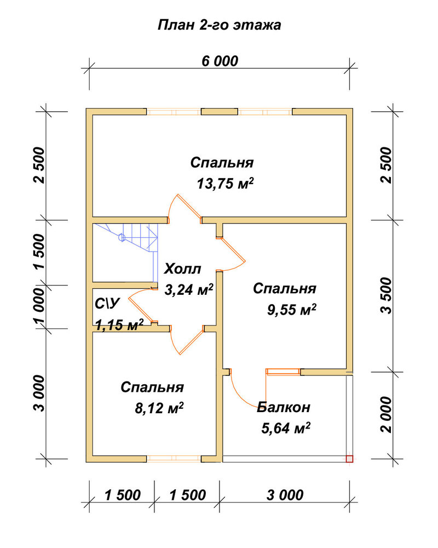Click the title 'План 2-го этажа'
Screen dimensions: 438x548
[220, 25]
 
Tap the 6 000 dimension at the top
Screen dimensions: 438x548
[220, 61]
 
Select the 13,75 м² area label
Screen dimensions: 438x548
[225, 183]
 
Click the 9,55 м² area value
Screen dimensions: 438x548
[292, 309]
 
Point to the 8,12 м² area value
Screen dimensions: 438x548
[159, 408]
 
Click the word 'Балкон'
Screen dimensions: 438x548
[284, 407]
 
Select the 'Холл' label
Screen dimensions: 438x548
[183, 269]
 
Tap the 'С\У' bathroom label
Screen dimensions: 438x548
[107, 304]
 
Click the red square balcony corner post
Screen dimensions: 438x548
[350, 459]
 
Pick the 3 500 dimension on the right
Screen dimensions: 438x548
[387, 296]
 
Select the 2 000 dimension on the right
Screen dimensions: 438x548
[387, 414]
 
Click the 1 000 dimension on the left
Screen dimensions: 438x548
[39, 306]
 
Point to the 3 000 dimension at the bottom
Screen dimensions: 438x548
[285, 495]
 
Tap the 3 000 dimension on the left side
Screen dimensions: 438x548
[39, 393]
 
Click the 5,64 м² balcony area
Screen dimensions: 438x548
[286, 428]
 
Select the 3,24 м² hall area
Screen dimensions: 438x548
[189, 290]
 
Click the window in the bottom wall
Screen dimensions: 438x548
[174, 459]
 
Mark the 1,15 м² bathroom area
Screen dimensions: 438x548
[119, 325]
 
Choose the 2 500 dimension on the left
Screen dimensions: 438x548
[39, 165]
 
